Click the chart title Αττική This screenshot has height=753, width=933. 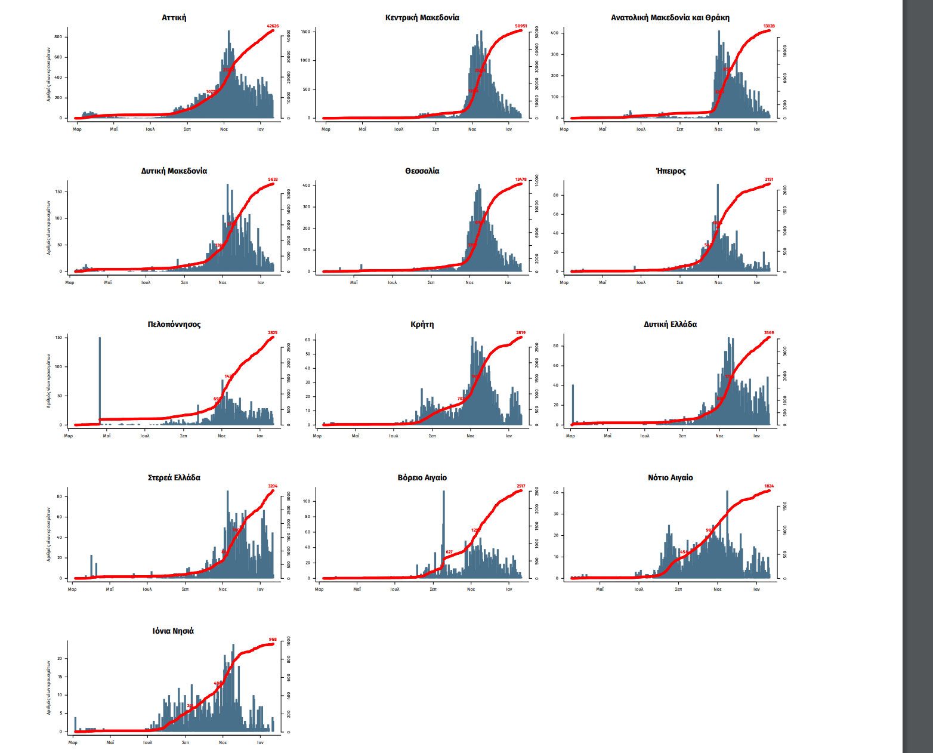[x=174, y=18]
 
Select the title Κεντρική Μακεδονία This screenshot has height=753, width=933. [x=422, y=18]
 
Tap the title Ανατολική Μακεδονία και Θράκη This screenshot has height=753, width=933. [x=670, y=18]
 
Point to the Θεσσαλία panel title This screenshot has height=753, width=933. [x=422, y=171]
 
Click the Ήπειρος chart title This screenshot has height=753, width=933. [x=671, y=171]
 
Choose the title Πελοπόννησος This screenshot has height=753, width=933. [x=174, y=325]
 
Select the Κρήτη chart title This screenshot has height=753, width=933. [x=422, y=325]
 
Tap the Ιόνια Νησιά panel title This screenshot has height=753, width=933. [x=173, y=631]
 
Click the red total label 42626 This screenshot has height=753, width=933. [x=273, y=26]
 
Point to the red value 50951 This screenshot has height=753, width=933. [x=521, y=26]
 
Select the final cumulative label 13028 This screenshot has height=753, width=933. [x=769, y=26]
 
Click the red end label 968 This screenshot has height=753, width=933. [x=273, y=640]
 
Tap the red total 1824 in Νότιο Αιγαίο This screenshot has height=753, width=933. [x=769, y=486]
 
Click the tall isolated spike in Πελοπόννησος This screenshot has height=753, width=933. [x=100, y=382]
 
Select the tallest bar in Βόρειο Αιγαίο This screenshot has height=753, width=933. [x=444, y=531]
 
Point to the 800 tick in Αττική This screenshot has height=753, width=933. [x=58, y=37]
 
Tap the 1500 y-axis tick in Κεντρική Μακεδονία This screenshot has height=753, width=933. [x=305, y=32]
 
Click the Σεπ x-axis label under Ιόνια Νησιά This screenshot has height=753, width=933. [x=186, y=743]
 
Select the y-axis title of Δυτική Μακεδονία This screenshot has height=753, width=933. [x=49, y=227]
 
